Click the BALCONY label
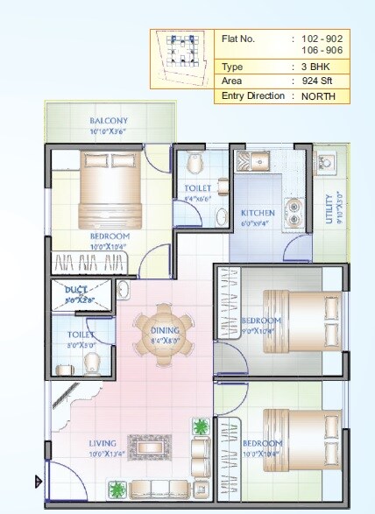109,121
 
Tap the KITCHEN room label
258,213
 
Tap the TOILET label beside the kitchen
197,188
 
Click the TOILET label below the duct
81,334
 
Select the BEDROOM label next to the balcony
110,236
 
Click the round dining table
166,333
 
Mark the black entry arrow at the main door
38,481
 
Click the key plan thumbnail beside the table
181,59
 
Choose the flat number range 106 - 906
322,51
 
